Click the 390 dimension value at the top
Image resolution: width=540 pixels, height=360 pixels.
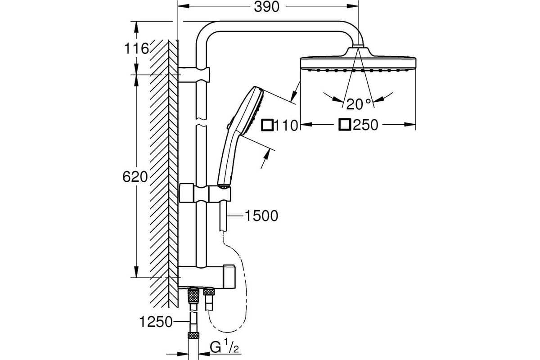tap(266, 7)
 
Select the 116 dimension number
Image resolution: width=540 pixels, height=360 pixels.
tap(136, 49)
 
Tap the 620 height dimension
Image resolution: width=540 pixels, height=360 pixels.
tap(135, 177)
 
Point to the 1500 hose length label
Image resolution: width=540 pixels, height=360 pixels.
tap(261, 216)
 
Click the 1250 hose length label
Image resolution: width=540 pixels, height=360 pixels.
tap(156, 322)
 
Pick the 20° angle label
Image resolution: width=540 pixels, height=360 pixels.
tap(359, 104)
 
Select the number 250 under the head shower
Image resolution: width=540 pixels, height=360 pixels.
tap(365, 125)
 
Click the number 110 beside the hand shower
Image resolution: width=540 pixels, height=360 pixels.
tap(286, 126)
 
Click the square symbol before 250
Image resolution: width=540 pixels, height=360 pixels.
tap(345, 125)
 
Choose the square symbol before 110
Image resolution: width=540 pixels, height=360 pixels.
tap(267, 125)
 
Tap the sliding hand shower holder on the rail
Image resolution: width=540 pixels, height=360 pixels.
tap(205, 193)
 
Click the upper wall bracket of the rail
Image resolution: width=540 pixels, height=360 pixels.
tap(194, 75)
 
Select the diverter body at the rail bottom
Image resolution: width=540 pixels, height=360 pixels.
tap(207, 277)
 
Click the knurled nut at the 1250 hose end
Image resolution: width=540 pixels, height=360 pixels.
tap(193, 335)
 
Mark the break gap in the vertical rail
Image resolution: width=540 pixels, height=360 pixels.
tap(201, 122)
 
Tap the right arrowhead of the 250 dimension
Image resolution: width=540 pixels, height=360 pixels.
tap(410, 125)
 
